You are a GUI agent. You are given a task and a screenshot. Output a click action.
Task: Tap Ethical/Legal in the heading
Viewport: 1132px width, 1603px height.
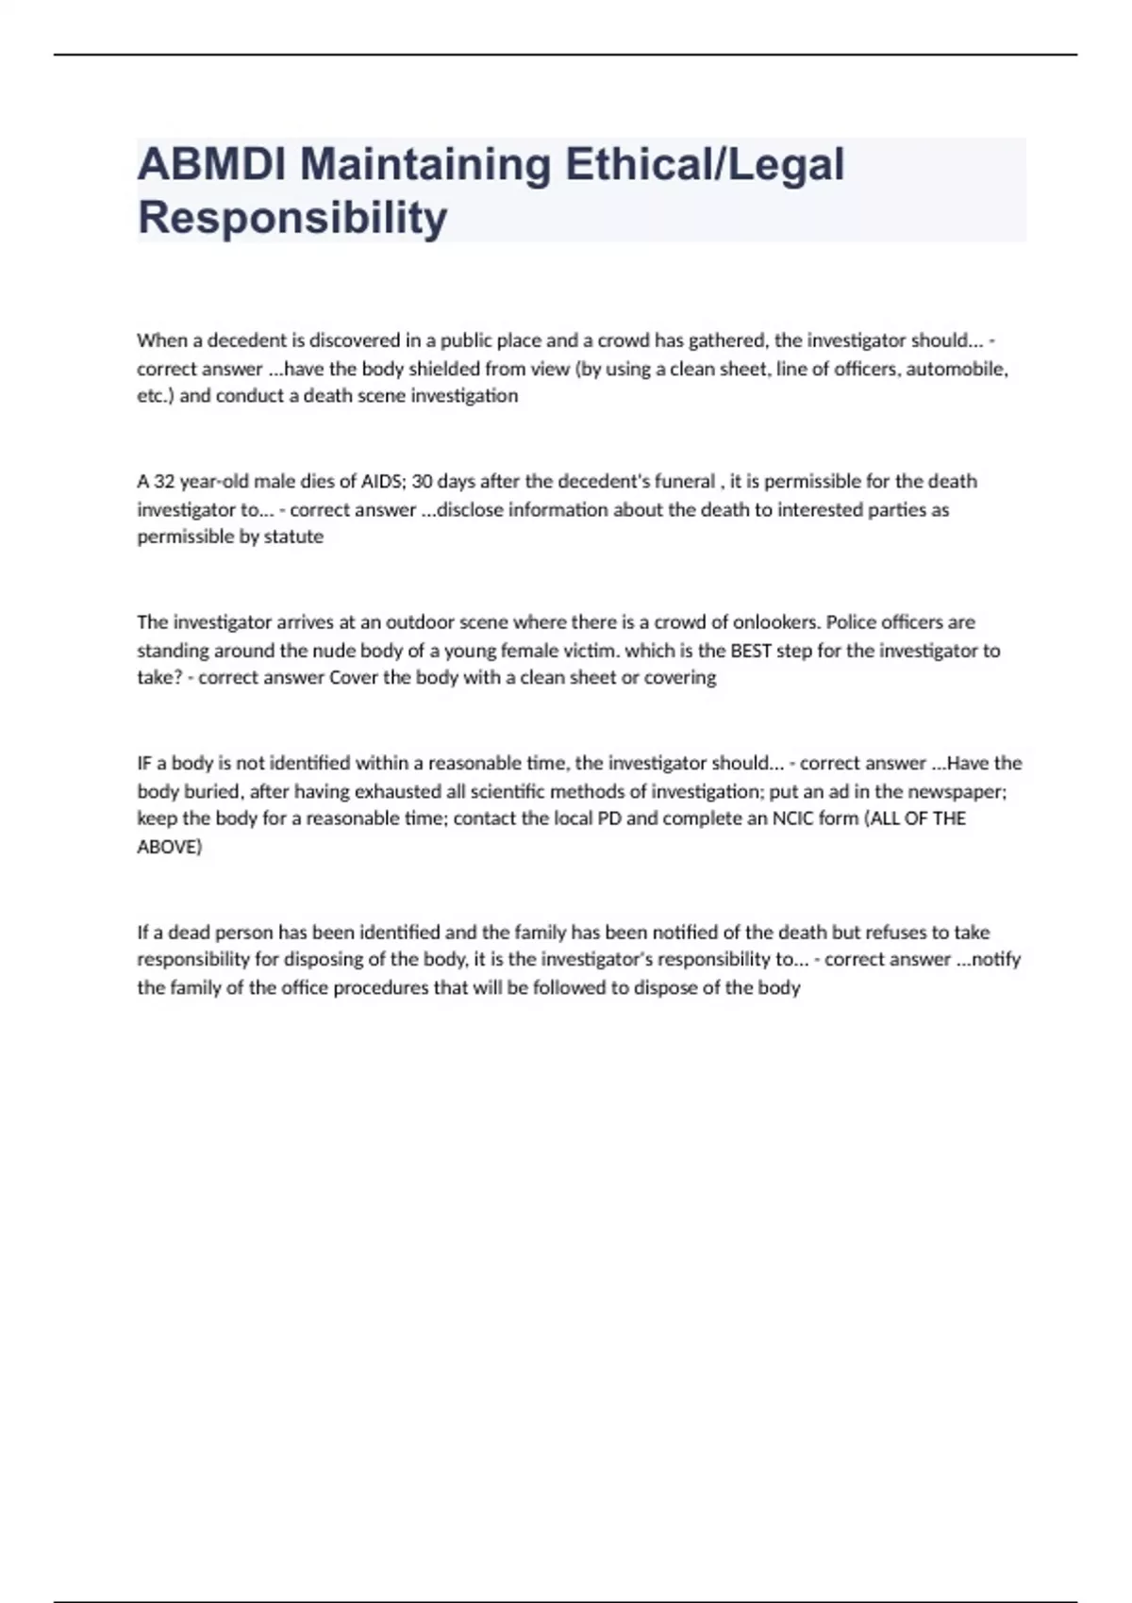click(705, 164)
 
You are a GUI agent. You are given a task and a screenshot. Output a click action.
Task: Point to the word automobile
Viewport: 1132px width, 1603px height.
click(957, 369)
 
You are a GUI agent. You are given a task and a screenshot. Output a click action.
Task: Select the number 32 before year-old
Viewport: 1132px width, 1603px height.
click(164, 482)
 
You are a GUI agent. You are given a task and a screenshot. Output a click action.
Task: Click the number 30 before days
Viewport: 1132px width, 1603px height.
click(422, 482)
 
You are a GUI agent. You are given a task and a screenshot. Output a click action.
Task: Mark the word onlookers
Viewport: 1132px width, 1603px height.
click(774, 622)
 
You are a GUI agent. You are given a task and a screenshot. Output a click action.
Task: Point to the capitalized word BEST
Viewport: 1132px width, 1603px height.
click(751, 651)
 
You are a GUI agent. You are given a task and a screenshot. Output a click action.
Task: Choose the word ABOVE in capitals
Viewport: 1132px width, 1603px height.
click(170, 847)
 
